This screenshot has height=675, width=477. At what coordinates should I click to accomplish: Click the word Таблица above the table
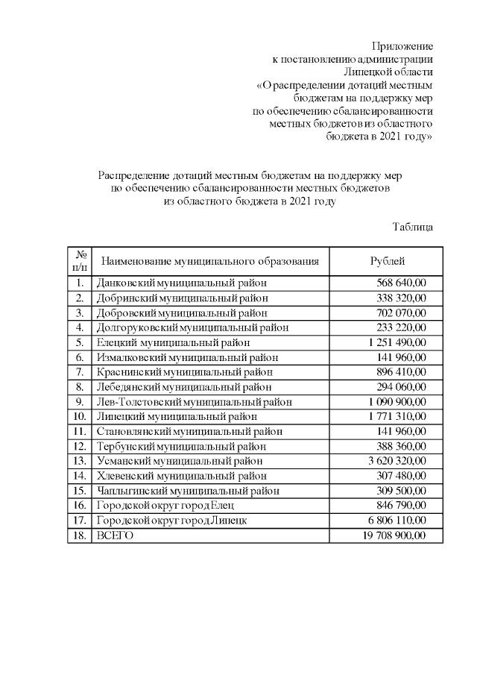coord(413,226)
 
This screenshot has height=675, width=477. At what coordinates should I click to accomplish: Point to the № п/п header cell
coord(79,260)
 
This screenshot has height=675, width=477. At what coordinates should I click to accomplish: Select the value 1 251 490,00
coord(397,342)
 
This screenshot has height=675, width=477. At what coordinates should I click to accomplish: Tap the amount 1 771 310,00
coord(397,416)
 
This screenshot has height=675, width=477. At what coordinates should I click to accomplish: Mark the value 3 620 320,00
coord(397,461)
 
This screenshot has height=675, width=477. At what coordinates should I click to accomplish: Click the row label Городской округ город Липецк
coord(171,521)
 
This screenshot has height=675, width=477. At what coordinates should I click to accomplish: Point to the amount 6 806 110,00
coord(397,521)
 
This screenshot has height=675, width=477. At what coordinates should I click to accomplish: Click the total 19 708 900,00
coord(394,536)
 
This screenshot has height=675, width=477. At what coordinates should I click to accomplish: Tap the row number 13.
coord(79,461)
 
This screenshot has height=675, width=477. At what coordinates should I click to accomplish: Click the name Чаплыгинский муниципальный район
coord(188,491)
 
